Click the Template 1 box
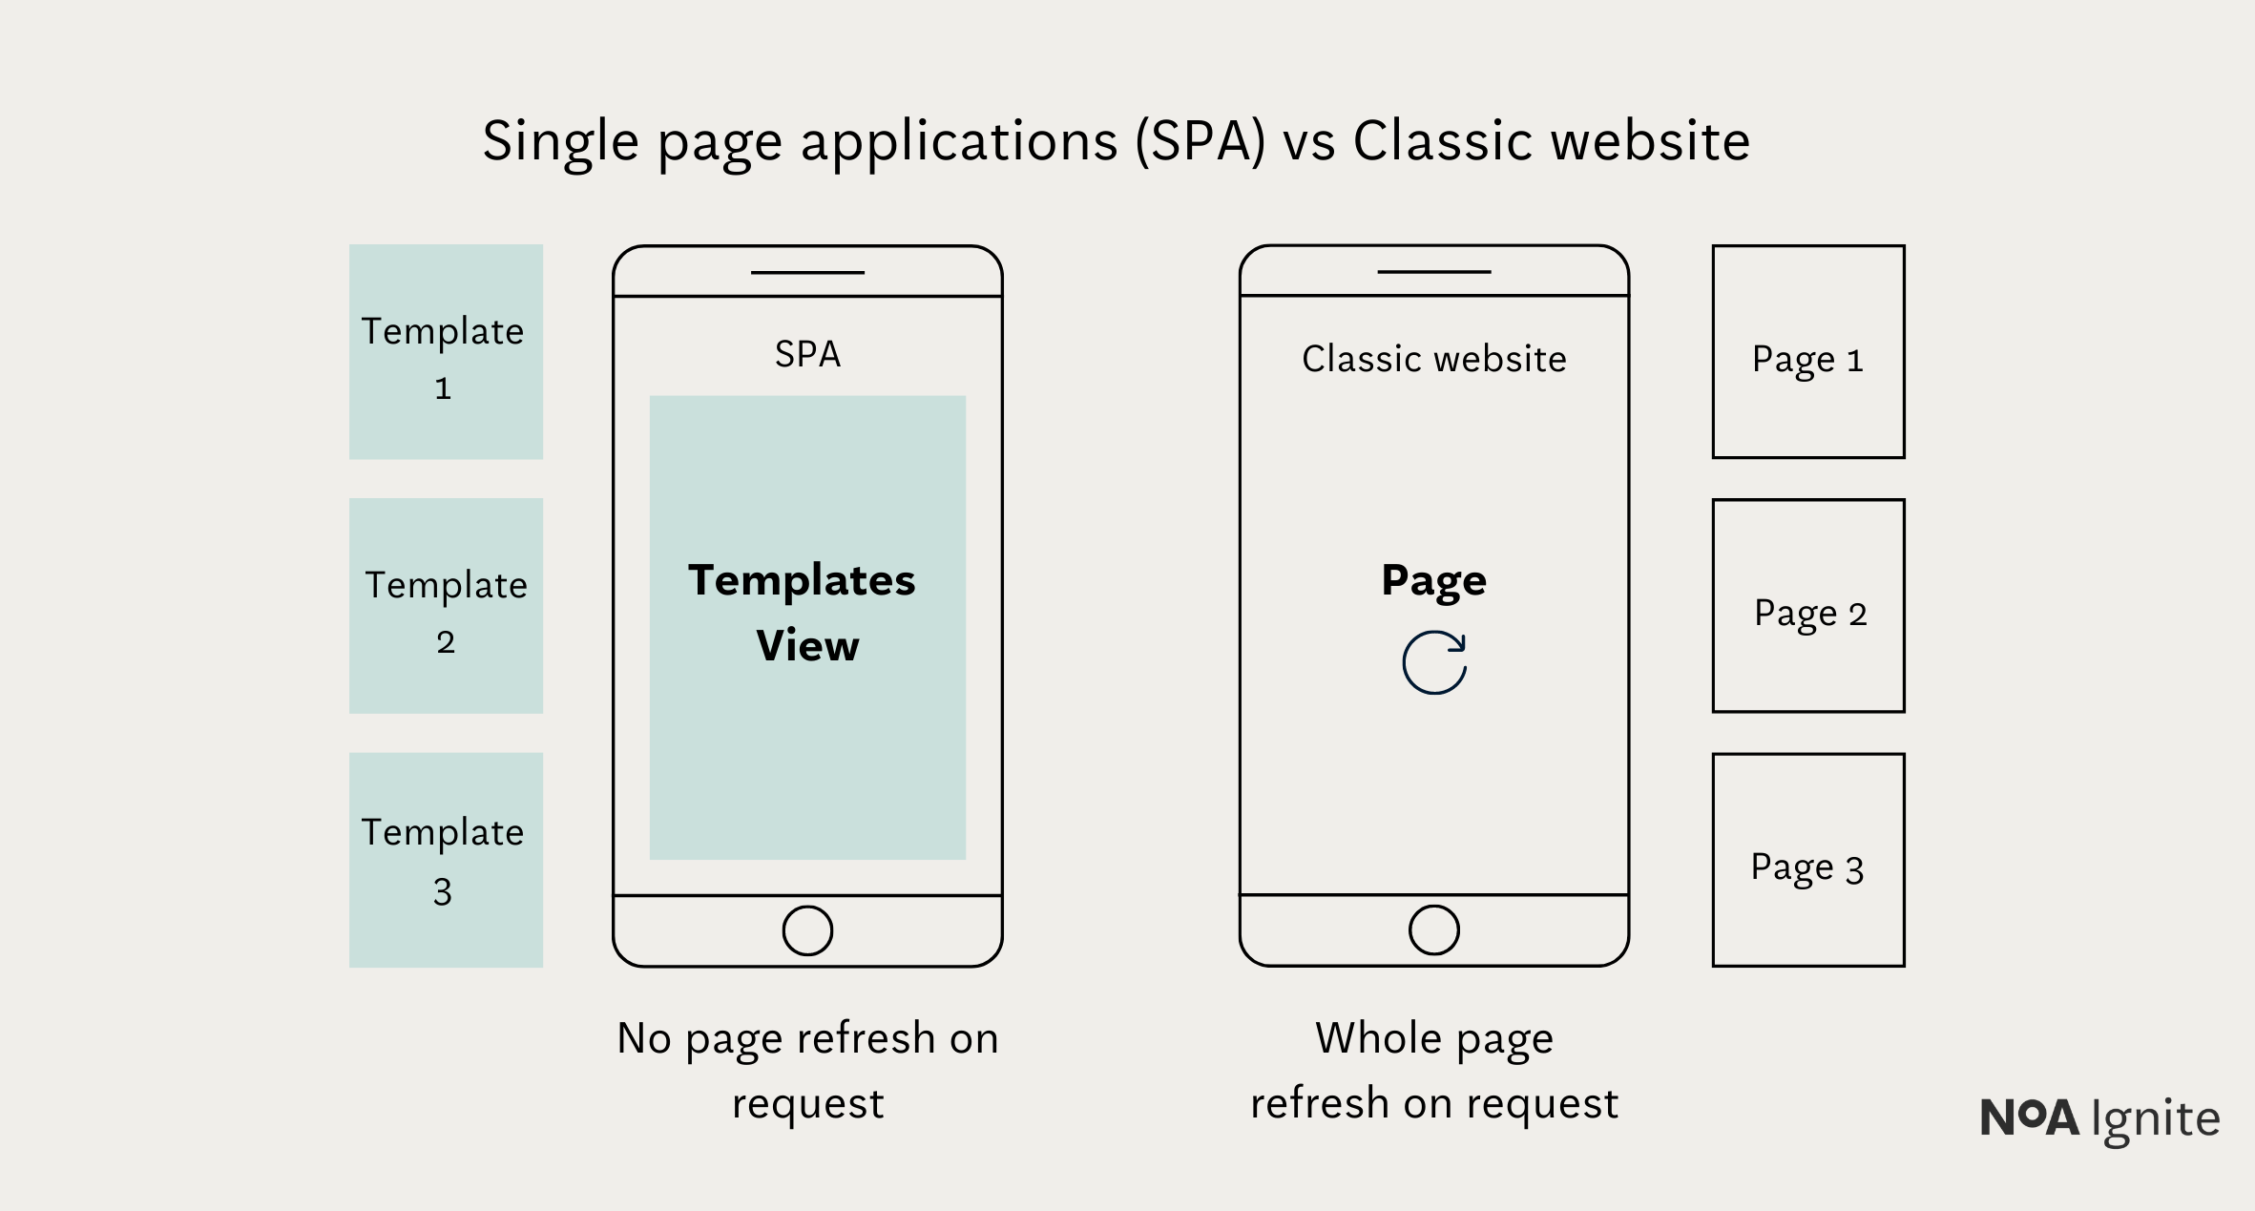coord(446,351)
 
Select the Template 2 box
coord(446,605)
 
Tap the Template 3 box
coord(446,860)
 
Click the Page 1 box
coord(1808,352)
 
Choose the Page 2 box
coord(1808,606)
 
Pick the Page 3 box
coord(1808,860)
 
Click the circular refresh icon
coord(1434,662)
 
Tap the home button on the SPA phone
coord(807,930)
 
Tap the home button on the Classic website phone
coord(1434,930)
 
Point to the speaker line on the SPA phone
coord(807,273)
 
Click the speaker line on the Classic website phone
coord(1434,272)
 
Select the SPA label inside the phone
coord(807,355)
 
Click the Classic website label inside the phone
coord(1434,360)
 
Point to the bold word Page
coord(1433,580)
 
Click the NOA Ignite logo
coord(2099,1118)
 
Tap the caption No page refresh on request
coord(807,1070)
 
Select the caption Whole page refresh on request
coord(1434,1070)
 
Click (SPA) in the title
coord(1201,141)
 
